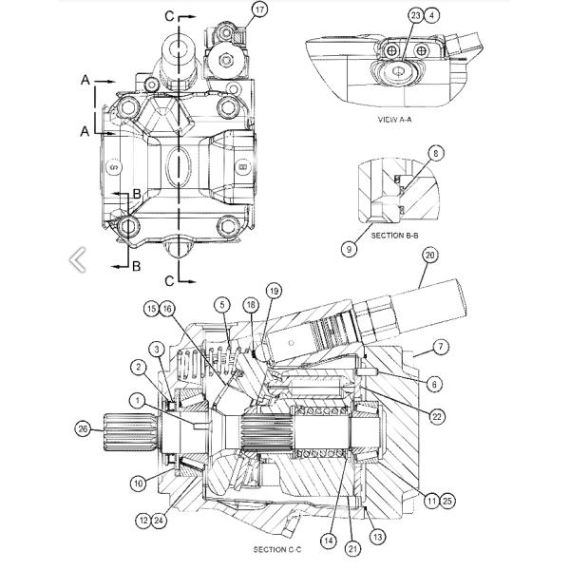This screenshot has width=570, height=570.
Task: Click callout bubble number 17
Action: coord(260,9)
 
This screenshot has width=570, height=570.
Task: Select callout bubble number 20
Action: coord(429,255)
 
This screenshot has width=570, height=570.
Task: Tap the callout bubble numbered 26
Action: coord(83,428)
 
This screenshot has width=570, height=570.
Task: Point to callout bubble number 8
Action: coord(435,152)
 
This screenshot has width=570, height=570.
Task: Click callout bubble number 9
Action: coord(351,249)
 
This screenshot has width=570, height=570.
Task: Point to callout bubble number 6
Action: coord(434,384)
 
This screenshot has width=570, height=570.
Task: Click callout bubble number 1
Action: coord(140,401)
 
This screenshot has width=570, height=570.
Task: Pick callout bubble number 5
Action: coord(221,305)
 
